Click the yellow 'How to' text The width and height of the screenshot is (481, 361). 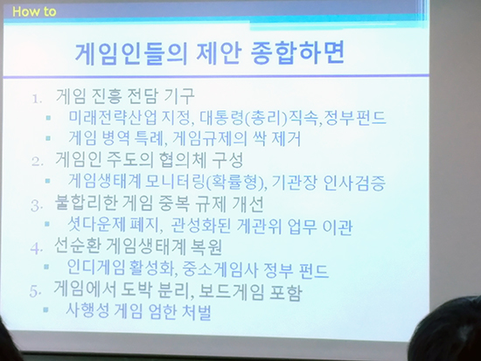34,11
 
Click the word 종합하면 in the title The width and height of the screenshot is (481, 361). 297,52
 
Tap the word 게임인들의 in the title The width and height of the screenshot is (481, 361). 131,53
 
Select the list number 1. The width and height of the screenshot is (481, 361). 37,99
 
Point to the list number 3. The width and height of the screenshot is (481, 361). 36,205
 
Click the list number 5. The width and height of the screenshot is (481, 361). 35,291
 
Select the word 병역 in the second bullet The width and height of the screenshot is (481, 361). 115,138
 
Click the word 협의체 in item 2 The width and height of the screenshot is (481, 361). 183,160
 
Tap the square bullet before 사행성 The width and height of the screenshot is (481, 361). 45,310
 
